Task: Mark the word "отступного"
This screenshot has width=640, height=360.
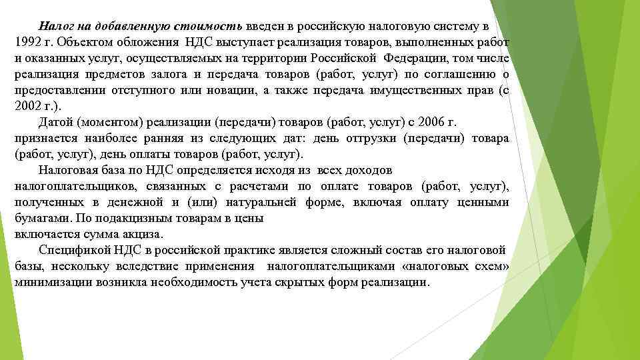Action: (x=149, y=90)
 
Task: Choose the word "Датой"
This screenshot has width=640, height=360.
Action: (x=56, y=122)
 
